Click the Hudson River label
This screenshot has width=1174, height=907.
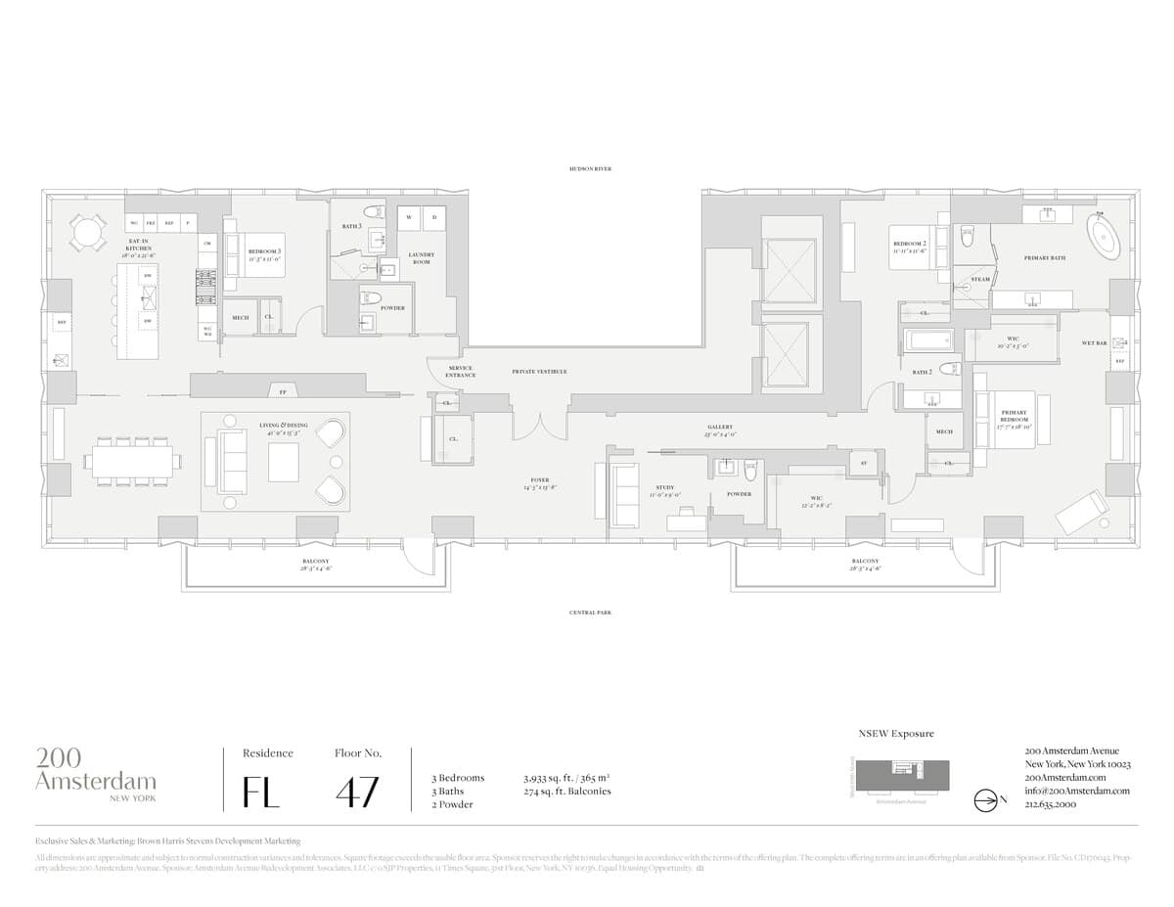[x=590, y=168]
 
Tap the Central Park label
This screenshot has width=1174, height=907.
[x=590, y=612]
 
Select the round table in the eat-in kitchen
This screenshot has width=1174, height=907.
[x=88, y=233]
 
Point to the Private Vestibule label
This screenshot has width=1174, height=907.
[x=539, y=372]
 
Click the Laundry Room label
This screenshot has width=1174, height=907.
[x=421, y=258]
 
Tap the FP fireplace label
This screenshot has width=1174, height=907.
[x=283, y=391]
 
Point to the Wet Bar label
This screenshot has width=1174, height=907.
[x=1094, y=343]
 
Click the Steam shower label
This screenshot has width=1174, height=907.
[x=980, y=279]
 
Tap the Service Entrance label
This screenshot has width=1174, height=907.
[x=460, y=372]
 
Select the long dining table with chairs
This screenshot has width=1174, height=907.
[x=134, y=461]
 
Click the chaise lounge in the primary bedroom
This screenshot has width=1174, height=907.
[x=1081, y=512]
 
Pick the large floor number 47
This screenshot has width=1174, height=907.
[x=357, y=791]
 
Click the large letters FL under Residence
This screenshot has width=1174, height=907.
[x=261, y=791]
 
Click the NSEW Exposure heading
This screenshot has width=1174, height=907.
[x=896, y=733]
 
